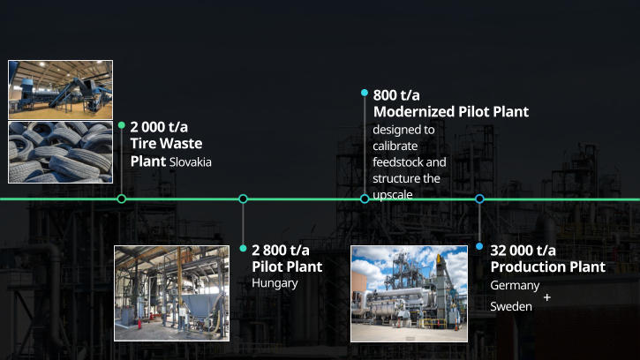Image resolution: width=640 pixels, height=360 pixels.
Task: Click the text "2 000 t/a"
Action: tap(159, 126)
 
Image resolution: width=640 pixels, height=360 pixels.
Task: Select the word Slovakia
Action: tap(191, 162)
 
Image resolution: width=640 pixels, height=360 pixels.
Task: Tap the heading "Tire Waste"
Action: tap(166, 144)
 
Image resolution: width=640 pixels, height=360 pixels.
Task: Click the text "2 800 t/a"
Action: tap(281, 250)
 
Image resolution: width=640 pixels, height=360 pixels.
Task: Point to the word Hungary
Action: tap(275, 283)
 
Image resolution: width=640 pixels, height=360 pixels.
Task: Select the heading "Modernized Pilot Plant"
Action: tap(450, 112)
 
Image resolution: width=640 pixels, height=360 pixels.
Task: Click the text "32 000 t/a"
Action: tap(523, 250)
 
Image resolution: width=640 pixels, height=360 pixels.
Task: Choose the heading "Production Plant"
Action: tap(547, 267)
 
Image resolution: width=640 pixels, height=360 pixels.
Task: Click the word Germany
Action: tap(515, 286)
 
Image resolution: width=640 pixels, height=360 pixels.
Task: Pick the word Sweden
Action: tap(511, 306)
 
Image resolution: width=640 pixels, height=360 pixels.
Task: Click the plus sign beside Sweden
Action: tap(547, 298)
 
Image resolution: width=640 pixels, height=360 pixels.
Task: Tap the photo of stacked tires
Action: tap(61, 152)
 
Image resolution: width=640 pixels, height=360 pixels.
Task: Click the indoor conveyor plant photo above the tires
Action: tap(61, 89)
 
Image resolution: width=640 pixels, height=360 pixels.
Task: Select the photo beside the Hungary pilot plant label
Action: tap(171, 293)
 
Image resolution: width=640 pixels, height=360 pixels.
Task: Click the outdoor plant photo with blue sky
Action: tap(409, 293)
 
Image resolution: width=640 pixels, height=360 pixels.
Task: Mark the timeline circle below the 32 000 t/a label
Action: tap(479, 199)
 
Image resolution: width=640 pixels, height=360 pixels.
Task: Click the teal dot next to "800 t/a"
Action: tap(365, 93)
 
